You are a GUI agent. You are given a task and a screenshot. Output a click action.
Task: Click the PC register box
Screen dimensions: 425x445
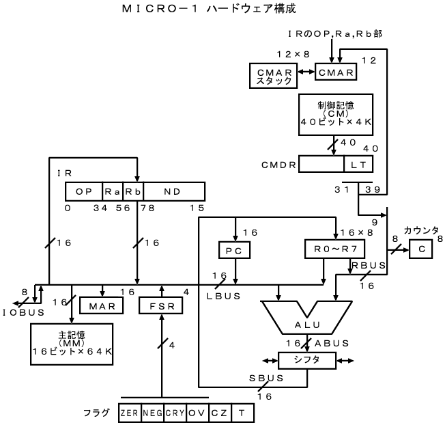[x=234, y=251]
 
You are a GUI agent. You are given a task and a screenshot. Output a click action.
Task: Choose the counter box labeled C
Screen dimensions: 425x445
[x=422, y=251]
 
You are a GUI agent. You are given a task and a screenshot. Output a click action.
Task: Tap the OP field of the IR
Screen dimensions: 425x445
[x=84, y=191]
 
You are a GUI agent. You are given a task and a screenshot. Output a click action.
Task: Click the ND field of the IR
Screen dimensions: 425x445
[x=175, y=191]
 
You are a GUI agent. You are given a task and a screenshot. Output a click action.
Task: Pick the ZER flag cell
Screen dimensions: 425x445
[x=129, y=413]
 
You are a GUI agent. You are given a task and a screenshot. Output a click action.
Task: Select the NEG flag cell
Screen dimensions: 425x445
[x=153, y=413]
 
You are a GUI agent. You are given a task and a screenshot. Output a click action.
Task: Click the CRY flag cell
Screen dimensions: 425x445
[x=175, y=413]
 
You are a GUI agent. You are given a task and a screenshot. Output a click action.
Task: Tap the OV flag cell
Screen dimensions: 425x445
[x=197, y=413]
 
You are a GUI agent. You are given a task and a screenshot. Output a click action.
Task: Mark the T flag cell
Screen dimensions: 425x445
[x=242, y=413]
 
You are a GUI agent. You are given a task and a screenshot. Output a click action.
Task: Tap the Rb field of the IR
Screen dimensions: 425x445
[x=132, y=191]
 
